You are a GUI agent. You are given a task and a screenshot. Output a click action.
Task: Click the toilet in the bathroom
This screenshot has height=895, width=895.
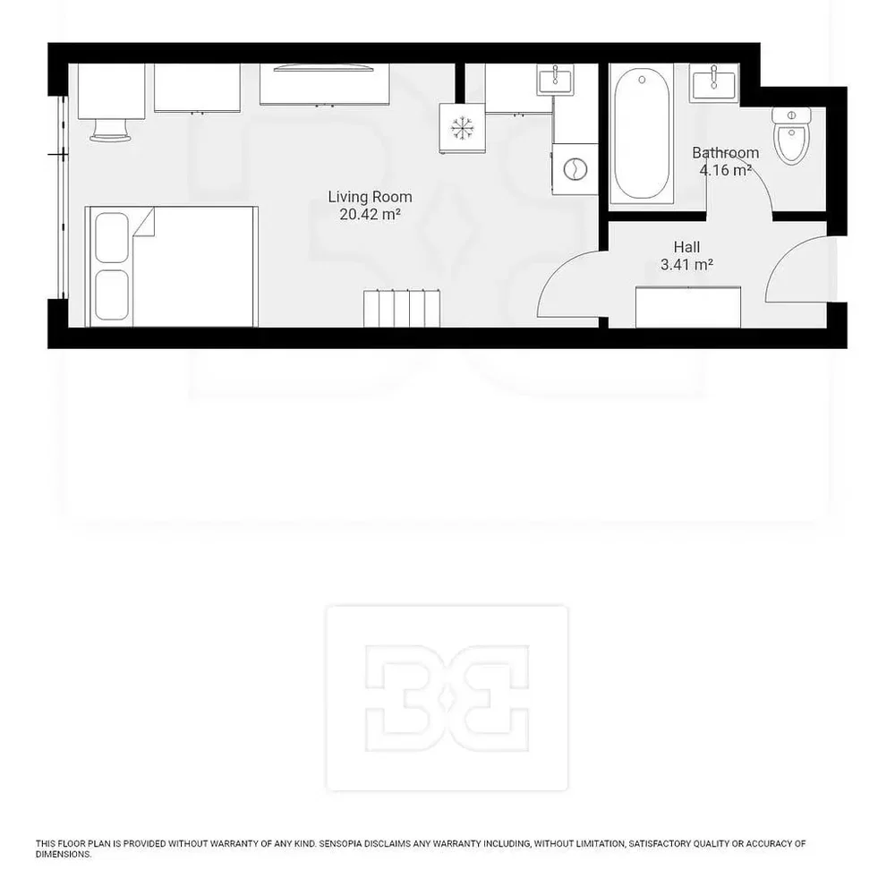(x=791, y=135)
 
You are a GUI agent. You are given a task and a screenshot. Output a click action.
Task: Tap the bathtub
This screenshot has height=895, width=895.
(x=642, y=133)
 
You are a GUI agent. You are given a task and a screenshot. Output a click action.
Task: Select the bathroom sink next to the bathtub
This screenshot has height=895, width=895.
(x=713, y=83)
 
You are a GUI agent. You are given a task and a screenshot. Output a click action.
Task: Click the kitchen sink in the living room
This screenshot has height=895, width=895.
(x=555, y=80)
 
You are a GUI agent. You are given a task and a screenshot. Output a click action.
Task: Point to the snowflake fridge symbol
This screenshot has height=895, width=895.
(x=462, y=128)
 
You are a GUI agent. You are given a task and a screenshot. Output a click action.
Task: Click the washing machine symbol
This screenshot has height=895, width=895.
(x=575, y=169)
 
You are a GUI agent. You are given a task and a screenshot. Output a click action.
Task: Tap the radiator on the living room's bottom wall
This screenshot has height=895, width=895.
(x=402, y=309)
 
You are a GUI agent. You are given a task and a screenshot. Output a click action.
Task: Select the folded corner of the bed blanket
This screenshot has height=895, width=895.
(x=144, y=222)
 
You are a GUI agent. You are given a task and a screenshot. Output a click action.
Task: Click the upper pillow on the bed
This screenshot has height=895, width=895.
(x=112, y=237)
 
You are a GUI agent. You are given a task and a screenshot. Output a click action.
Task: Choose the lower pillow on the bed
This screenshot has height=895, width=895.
(x=112, y=295)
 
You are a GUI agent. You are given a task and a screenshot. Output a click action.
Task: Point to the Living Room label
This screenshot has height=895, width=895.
(x=370, y=197)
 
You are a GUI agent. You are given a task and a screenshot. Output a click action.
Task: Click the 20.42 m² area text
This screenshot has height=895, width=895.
(x=370, y=215)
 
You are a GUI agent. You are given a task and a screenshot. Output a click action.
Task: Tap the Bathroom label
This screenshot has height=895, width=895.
(x=726, y=153)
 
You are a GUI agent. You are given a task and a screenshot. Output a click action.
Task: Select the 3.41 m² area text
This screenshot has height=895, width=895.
(x=686, y=265)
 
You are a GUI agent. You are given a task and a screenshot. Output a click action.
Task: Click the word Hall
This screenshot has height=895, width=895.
(x=686, y=247)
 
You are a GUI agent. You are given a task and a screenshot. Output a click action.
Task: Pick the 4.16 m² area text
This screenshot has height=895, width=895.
(x=726, y=170)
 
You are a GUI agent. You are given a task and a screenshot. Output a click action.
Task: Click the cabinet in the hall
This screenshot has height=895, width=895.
(x=688, y=307)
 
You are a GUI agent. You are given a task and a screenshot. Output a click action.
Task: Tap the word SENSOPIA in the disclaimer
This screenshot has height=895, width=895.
(x=340, y=843)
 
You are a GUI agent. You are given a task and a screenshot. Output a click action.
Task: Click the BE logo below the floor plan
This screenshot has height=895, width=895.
(x=447, y=698)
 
